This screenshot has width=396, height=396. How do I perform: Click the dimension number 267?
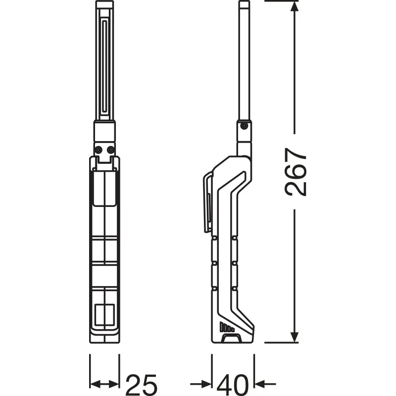(295, 172)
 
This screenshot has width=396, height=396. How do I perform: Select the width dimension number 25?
(142, 385)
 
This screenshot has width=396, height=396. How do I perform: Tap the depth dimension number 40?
(233, 385)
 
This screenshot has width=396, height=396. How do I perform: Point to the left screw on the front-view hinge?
(98, 150)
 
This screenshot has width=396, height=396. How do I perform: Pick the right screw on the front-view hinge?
(110, 150)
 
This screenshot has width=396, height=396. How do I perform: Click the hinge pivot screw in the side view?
(244, 126)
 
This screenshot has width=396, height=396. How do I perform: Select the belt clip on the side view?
(207, 201)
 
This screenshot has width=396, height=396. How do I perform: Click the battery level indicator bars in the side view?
(227, 327)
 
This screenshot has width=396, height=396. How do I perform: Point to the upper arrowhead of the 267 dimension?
(294, 7)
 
